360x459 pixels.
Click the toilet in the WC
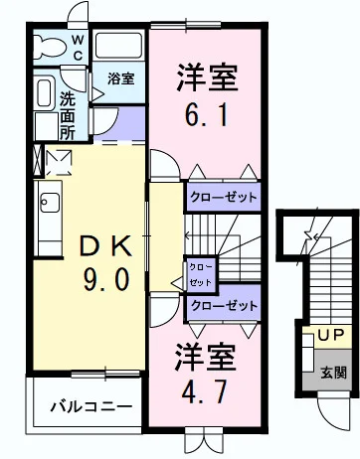[x=49, y=46]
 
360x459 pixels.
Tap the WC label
[x=78, y=48]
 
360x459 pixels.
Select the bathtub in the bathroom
[x=118, y=46]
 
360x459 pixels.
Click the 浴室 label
[x=121, y=78]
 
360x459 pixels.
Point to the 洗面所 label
[x=68, y=115]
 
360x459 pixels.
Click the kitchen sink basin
[x=50, y=203]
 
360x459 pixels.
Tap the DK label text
[x=105, y=246]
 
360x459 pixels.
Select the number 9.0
[x=106, y=279]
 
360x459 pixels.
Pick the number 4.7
[x=205, y=391]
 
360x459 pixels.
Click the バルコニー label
[x=91, y=406]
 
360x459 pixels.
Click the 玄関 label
[x=333, y=373]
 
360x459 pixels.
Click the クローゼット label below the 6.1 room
[x=224, y=198]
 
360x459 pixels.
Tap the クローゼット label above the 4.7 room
[x=225, y=305]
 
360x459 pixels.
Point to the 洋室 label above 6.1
[x=208, y=77]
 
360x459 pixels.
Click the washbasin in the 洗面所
[x=44, y=92]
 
